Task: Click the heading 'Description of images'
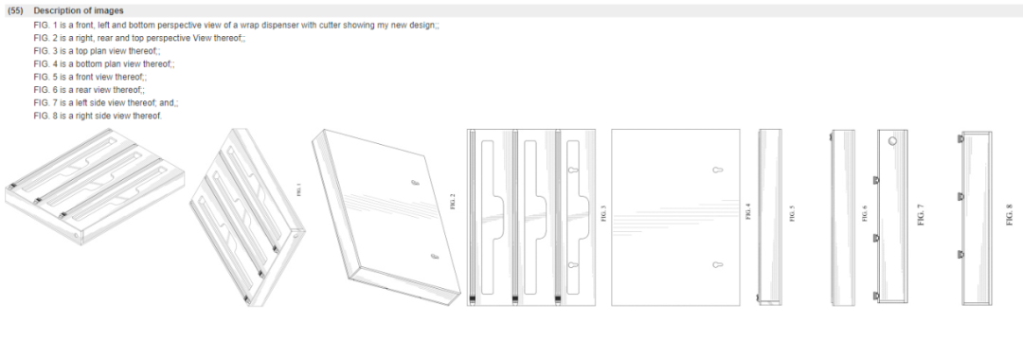(79, 11)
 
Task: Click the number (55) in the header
(16, 11)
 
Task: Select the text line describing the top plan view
(97, 51)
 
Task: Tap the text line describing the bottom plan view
(104, 63)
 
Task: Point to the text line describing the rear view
(89, 90)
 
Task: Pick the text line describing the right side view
(98, 117)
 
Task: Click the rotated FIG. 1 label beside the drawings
(300, 190)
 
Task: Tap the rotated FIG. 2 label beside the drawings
(453, 202)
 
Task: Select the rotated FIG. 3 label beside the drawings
(604, 213)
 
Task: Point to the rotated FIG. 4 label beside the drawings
(748, 211)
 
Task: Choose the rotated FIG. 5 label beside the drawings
(793, 214)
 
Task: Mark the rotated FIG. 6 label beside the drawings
(865, 213)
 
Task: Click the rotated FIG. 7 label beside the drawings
(921, 214)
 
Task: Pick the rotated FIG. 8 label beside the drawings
(1010, 215)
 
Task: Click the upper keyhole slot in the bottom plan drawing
(717, 171)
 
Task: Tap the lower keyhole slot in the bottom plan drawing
(717, 265)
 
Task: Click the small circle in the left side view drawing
(892, 140)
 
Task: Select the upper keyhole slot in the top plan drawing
(573, 171)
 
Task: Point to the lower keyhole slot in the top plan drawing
(573, 265)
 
